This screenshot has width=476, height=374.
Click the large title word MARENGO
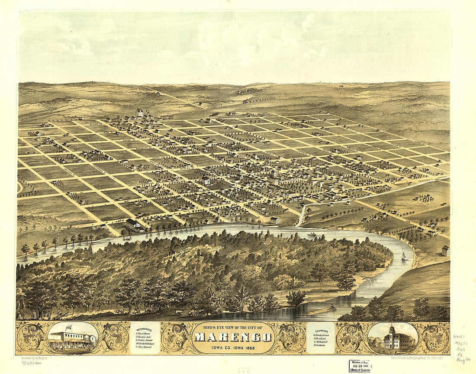coord(233,337)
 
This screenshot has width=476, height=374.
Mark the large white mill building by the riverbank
coord(133,225)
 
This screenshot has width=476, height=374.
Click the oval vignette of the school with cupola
coord(392,338)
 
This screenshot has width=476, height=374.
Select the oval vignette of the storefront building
coord(73,337)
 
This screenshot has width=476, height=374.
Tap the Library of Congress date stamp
coord(360,366)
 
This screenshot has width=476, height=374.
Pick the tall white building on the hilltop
coord(139,113)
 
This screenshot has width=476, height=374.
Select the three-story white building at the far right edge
coord(446,251)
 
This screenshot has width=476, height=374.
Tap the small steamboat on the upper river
coord(312,235)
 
